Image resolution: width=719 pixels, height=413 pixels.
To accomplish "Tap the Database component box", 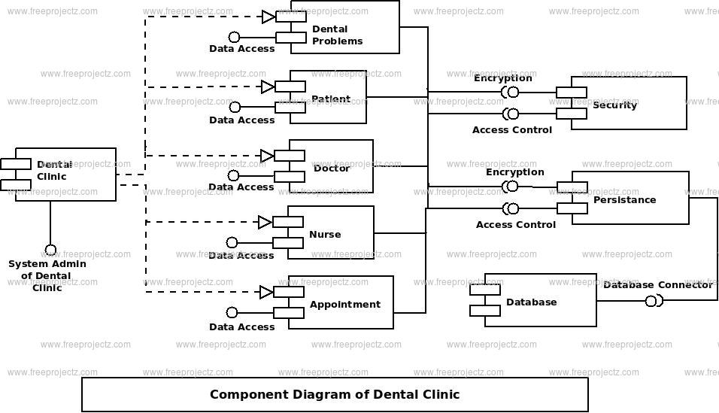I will coord(540,300).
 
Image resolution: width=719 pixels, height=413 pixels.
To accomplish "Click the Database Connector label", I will coord(657,284).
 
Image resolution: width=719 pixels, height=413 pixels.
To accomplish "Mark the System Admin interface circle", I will coord(50,250).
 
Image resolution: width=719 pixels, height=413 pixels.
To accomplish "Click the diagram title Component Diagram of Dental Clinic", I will coord(335,394).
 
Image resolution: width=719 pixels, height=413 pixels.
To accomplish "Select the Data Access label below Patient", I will coord(241,120).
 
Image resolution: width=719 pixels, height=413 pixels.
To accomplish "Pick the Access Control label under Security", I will coord(511,129).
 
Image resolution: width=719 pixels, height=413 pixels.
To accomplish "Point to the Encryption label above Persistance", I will coord(514,172).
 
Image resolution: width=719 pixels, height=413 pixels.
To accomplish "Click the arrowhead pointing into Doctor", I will coord(267,156).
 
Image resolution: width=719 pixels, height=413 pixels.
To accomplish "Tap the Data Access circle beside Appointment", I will coord(232,312).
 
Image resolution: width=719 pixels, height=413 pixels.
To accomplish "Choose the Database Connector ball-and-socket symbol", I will coord(653,301).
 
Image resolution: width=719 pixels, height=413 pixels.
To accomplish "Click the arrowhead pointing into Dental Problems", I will coord(268,17).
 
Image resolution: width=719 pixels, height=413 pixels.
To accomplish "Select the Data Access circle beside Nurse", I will coord(232,242).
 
